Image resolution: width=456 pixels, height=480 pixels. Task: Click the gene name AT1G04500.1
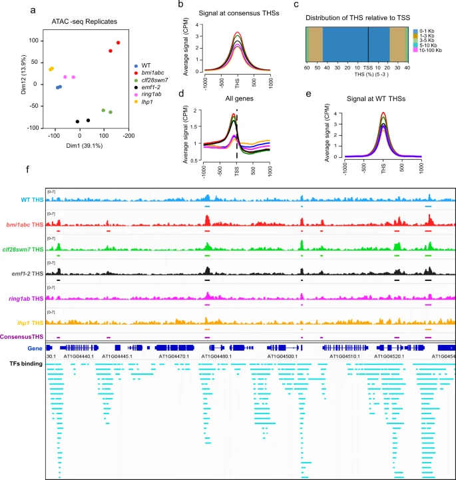click(x=287, y=357)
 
